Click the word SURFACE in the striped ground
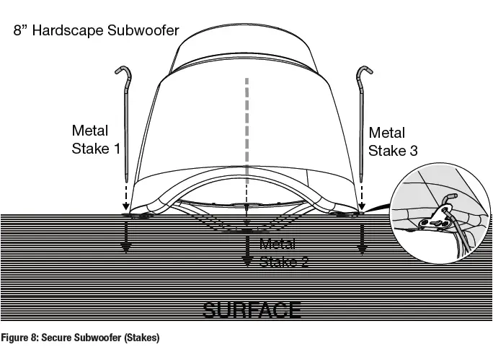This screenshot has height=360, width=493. click(252, 309)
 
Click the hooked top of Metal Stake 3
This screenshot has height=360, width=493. click(363, 71)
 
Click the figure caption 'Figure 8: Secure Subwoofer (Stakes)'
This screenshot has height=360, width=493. click(80, 338)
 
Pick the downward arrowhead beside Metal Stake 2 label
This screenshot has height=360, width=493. click(247, 260)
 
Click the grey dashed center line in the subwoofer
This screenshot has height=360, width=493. click(247, 130)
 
